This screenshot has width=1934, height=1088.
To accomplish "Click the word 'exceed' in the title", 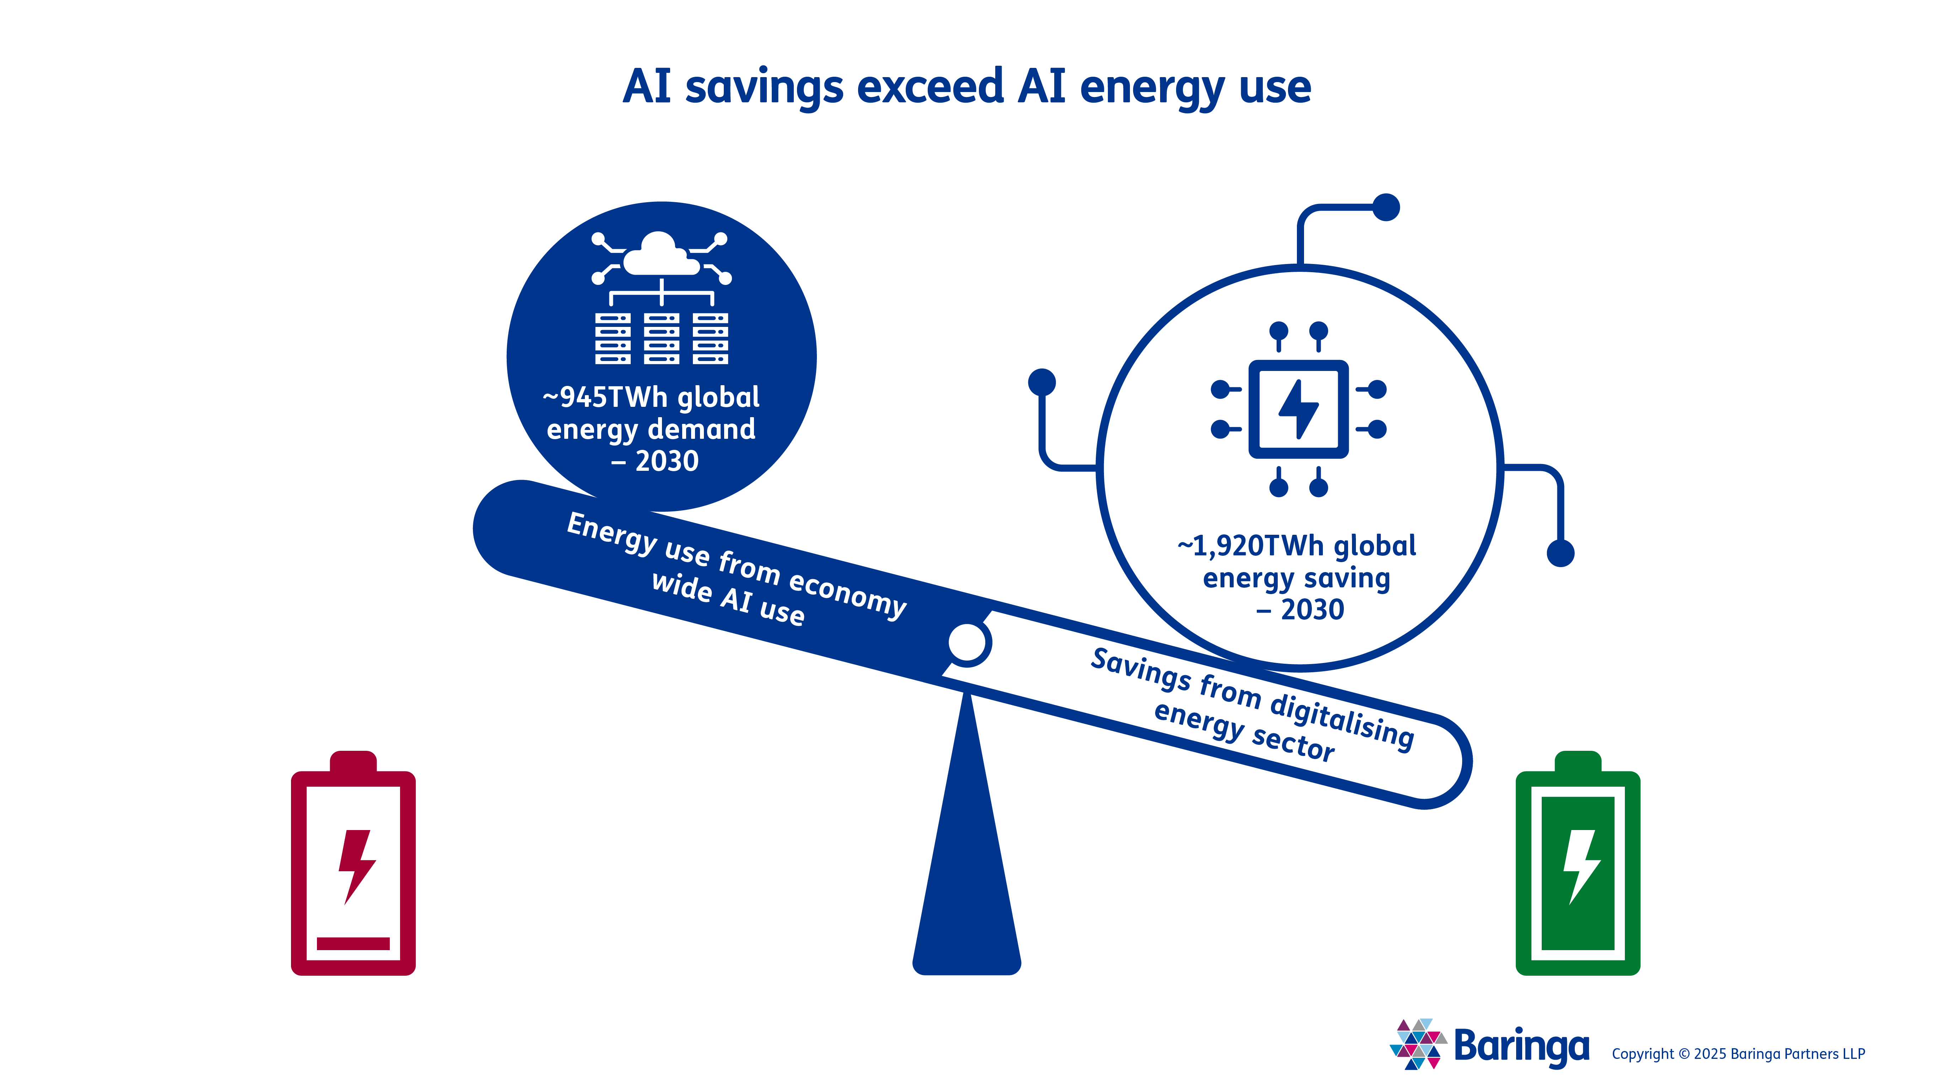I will [x=930, y=86].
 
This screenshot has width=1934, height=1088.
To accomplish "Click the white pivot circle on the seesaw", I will [x=967, y=643].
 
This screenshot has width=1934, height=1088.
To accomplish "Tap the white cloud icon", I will [x=661, y=255].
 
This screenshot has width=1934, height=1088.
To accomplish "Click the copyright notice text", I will [x=1738, y=1054].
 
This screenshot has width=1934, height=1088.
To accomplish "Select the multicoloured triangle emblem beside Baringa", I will [x=1417, y=1044].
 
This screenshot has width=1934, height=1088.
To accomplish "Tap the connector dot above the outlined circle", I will [x=1386, y=207].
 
